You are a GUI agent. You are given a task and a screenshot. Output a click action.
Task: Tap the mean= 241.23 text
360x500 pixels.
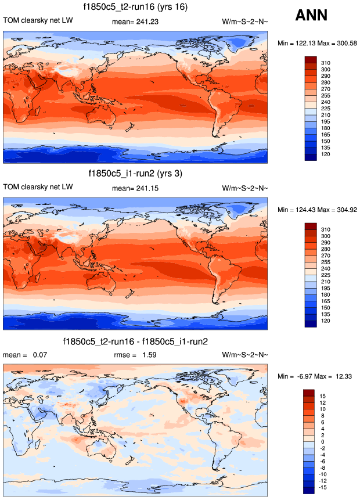point(135,21)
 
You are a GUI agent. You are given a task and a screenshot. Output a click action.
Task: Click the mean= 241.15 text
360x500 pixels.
point(135,187)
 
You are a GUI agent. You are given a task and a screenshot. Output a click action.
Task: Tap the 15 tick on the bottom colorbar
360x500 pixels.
point(323,395)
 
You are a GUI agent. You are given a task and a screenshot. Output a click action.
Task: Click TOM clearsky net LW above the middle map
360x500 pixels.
point(38,187)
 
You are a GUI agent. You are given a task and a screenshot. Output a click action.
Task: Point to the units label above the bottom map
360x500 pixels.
point(244,354)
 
